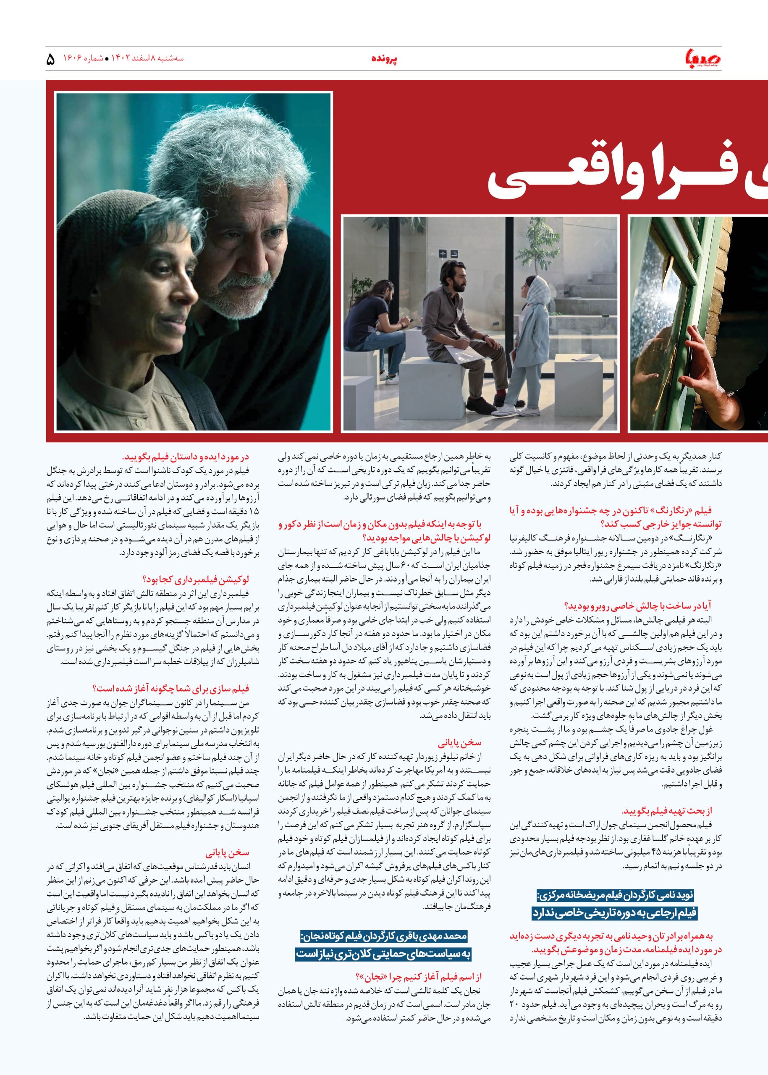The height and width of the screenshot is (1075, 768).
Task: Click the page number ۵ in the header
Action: (x=51, y=60)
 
